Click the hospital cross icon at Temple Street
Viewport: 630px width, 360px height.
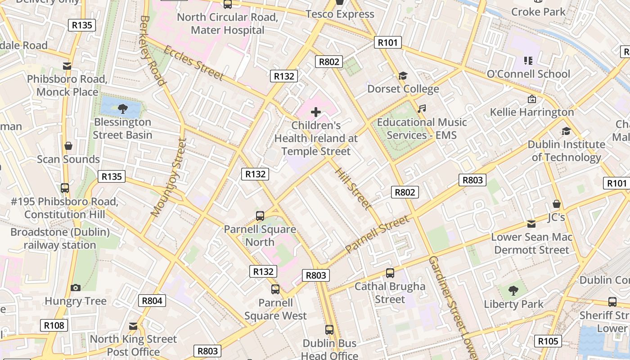pos(316,112)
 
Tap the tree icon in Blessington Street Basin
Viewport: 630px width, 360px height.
pos(122,108)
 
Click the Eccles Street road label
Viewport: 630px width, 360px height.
pos(193,63)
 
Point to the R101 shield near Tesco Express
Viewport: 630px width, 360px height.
pos(387,43)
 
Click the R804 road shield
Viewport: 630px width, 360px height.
pos(152,301)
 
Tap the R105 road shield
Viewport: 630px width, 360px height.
pos(548,341)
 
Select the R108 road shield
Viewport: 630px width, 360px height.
pos(54,325)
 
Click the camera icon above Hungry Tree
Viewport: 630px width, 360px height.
pos(76,288)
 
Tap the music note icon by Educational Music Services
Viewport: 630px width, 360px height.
pos(421,108)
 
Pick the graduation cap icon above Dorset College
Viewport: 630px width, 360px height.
pos(403,76)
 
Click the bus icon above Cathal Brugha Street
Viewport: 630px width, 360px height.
pos(390,273)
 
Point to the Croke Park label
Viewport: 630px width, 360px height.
pos(538,12)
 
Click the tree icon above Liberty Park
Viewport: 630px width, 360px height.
pos(513,291)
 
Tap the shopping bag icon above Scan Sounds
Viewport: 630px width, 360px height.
pos(68,146)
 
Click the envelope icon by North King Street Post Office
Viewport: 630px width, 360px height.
pos(133,326)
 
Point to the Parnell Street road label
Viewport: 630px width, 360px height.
pos(377,234)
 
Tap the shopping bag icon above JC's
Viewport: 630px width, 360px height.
pos(557,204)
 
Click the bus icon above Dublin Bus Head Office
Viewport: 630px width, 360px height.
pos(329,330)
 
